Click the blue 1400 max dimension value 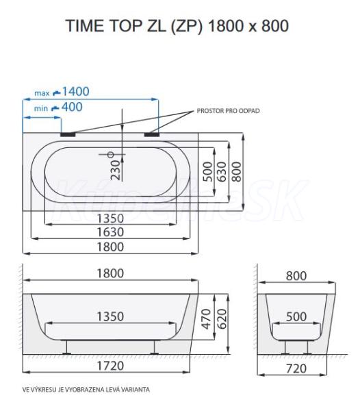[75, 92]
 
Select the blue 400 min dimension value [72, 107]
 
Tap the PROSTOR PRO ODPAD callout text [228, 111]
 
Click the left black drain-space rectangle [68, 134]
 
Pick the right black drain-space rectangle [151, 134]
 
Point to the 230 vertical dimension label [116, 170]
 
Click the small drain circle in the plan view [111, 155]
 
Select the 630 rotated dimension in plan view [222, 172]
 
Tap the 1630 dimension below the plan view [110, 232]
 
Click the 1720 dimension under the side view [110, 366]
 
